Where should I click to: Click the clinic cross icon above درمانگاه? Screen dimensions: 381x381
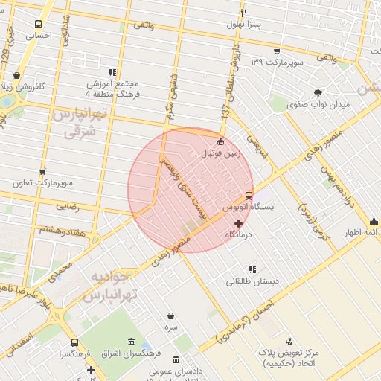238,223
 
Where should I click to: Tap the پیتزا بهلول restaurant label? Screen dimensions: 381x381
243,24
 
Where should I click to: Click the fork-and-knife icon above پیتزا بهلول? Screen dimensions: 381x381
243,12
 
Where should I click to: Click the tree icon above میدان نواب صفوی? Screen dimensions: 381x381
318,93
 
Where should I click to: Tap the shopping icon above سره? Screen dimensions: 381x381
172,316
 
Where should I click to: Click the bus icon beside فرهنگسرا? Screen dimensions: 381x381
74,343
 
